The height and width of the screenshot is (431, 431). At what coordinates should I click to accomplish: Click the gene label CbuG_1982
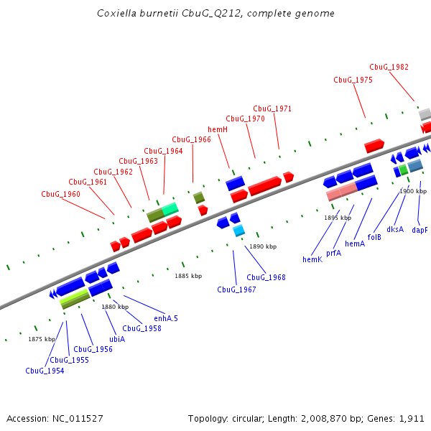coord(389,67)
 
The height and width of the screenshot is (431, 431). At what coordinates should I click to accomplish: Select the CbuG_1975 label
coord(353,80)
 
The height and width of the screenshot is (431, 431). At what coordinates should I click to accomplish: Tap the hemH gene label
coord(218,129)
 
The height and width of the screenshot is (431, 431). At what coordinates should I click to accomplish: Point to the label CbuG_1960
coord(60,194)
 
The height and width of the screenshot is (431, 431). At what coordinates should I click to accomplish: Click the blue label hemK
coord(312,259)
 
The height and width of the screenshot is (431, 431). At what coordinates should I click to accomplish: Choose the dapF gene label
coord(420,230)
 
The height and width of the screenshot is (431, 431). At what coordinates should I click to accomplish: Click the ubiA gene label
coord(116,338)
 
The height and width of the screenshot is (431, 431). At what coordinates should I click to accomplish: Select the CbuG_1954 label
coord(45,371)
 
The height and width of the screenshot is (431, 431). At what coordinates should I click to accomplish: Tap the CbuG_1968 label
coord(266,277)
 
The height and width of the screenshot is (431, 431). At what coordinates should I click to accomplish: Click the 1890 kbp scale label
coord(263,246)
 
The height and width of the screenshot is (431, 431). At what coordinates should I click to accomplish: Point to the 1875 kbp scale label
coord(42,339)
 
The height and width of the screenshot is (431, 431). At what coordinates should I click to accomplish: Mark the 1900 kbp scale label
coord(413,191)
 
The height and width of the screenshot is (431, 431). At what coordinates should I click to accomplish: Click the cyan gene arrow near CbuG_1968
coord(238,230)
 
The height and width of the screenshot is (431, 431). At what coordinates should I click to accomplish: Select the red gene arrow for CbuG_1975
coord(374,146)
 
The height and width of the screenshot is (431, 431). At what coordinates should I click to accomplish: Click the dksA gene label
coord(395,229)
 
